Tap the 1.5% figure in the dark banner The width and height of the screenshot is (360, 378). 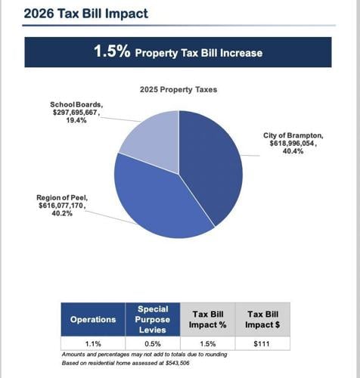point(112,52)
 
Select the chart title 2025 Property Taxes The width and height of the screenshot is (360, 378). point(178,89)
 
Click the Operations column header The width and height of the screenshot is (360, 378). point(93,320)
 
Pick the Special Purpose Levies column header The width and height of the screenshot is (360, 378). point(152,320)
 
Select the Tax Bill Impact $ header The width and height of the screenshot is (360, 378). point(262,320)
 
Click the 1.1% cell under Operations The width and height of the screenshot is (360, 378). point(93,344)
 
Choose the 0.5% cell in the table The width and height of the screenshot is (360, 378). point(152,344)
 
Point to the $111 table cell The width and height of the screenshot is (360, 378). point(262,344)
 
